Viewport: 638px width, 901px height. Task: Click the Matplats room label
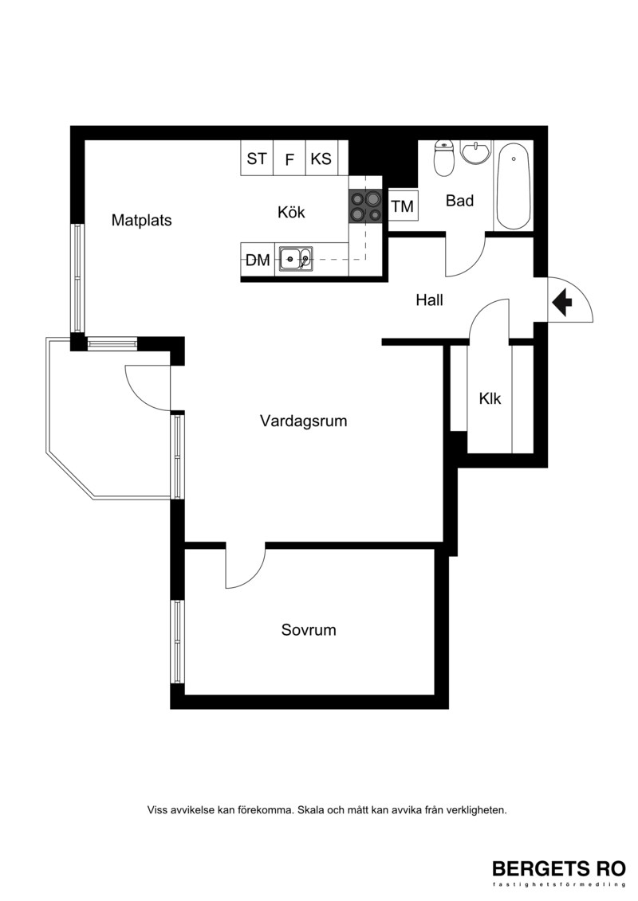141,220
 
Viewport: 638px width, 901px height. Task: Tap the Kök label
291,212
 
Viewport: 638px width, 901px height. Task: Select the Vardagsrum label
303,421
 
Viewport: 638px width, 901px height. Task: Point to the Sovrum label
309,630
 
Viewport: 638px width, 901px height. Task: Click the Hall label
429,300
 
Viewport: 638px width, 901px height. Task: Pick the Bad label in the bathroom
459,201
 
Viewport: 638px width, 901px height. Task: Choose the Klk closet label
490,398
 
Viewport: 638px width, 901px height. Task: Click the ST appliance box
257,158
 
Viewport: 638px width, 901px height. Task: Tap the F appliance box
289,158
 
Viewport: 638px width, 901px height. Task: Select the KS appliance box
321,158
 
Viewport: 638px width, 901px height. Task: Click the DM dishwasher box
257,260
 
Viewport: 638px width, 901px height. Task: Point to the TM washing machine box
403,206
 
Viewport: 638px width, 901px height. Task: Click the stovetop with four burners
365,206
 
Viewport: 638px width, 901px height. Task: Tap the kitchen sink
297,259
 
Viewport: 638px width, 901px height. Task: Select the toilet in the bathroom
444,158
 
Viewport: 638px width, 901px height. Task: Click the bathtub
513,186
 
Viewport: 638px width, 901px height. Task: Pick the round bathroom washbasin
476,152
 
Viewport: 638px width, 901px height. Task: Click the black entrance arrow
561,302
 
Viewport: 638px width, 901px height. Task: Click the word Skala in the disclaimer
311,810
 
